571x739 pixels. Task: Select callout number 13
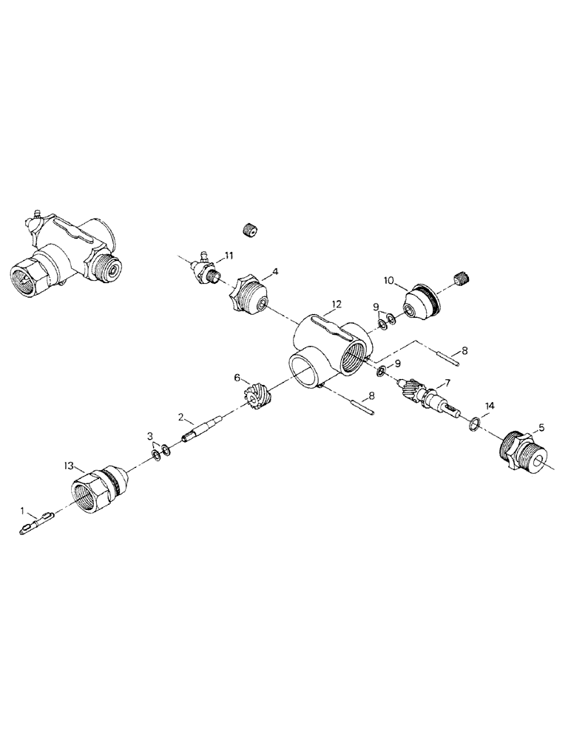pos(68,466)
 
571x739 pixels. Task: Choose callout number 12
pos(337,304)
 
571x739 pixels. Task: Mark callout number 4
pos(274,272)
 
